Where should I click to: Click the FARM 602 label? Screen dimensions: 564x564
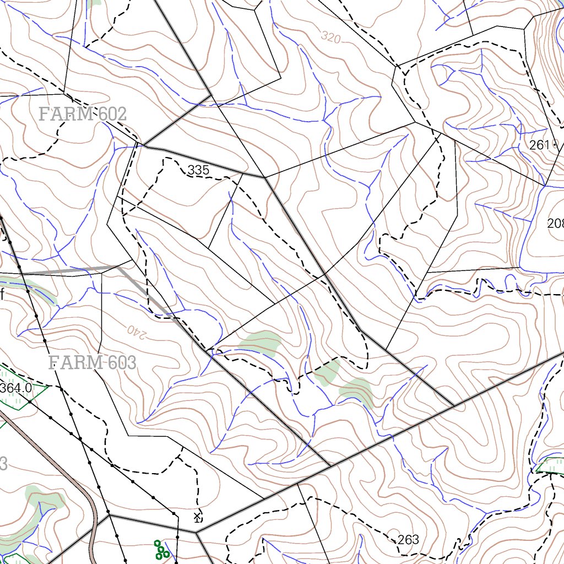[83, 114]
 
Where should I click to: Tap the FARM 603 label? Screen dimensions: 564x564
[92, 362]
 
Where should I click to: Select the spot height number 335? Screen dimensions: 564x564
[198, 170]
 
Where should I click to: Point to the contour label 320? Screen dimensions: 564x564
[330, 37]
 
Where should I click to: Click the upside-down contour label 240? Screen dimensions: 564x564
[139, 330]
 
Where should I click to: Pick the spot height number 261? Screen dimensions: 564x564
[539, 145]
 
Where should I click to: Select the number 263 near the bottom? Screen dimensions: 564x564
[408, 539]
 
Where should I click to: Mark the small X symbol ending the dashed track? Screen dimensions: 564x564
[197, 516]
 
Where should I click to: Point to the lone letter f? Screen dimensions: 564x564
[2, 294]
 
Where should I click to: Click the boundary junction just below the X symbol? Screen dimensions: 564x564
[196, 532]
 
